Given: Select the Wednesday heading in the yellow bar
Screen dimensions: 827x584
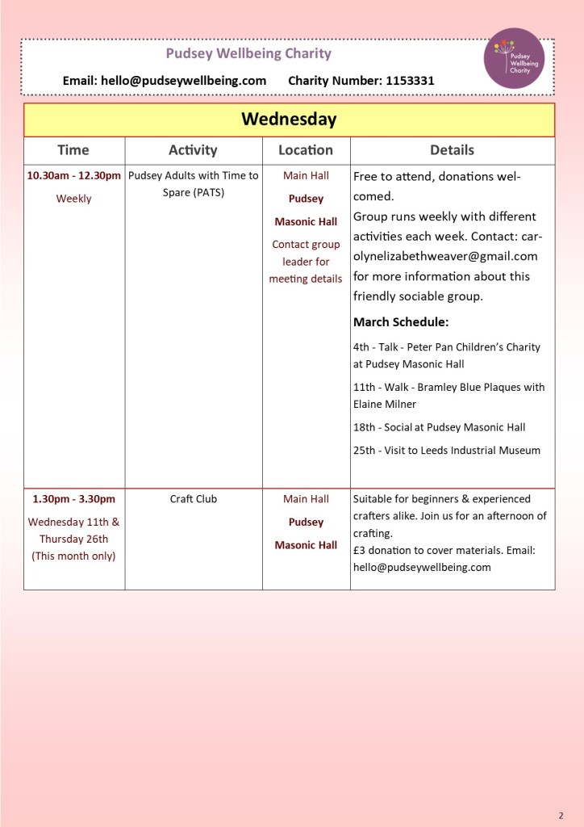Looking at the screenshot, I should tap(289, 120).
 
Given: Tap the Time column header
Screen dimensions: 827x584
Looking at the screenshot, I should tap(73, 150).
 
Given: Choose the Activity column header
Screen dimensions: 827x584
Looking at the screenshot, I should tap(193, 150).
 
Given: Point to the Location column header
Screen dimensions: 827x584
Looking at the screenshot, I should tap(306, 150).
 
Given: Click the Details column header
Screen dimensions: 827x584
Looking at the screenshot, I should tap(452, 150).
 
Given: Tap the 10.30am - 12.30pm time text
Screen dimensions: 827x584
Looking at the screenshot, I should tap(73, 175).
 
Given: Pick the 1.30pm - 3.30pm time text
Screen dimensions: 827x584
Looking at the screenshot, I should tap(73, 499).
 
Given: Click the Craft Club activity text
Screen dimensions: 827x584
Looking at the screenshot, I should tap(194, 499).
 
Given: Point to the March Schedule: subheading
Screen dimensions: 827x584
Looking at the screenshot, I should tap(401, 322).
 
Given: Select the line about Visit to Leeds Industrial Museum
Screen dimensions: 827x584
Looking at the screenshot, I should tap(447, 451).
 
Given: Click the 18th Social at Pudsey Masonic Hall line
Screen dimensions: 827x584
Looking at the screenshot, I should tap(440, 427).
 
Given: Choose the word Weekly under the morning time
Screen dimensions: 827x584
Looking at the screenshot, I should tap(73, 199).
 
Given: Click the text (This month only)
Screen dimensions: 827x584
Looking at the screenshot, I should tap(73, 556).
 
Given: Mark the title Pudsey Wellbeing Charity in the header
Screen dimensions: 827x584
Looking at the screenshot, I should tap(248, 54).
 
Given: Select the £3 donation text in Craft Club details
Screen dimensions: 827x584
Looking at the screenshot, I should tap(384, 551).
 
